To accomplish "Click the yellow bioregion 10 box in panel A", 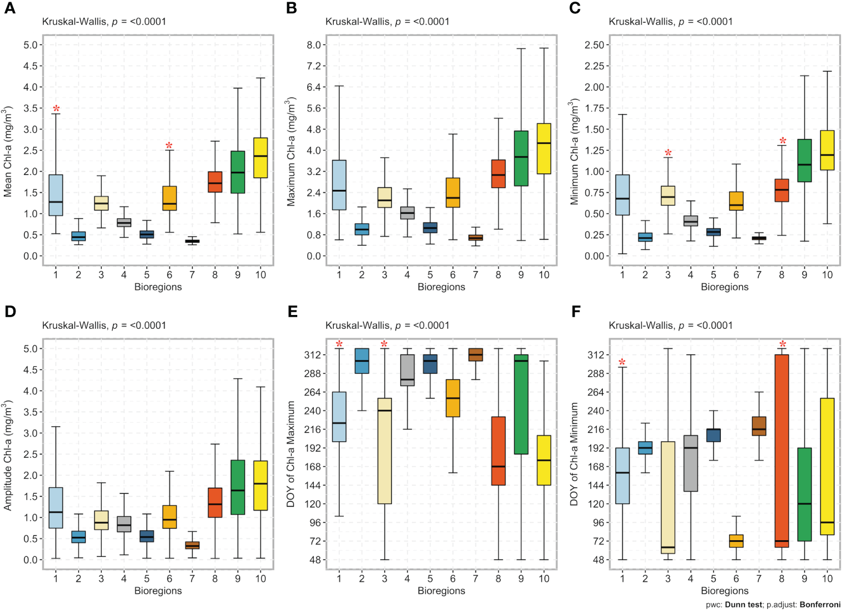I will pos(260,158).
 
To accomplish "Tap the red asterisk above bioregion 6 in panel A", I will pos(169,146).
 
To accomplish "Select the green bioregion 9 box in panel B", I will pos(521,158).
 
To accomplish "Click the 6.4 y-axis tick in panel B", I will pos(314,87).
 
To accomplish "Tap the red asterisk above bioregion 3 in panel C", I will pos(668,153).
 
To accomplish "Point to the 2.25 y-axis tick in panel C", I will pos(595,66).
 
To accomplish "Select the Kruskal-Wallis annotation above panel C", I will pos(670,22).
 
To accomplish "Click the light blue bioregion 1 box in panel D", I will pos(56,508).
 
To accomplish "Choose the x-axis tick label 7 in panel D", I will pos(192,578).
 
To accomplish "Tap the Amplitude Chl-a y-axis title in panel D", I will pos(8,456).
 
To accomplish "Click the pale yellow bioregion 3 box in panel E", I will pos(384,451).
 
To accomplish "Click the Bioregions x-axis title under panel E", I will pos(441,591).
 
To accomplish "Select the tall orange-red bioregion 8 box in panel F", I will pos(782,451).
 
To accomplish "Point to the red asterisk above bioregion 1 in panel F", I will pos(622,363).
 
